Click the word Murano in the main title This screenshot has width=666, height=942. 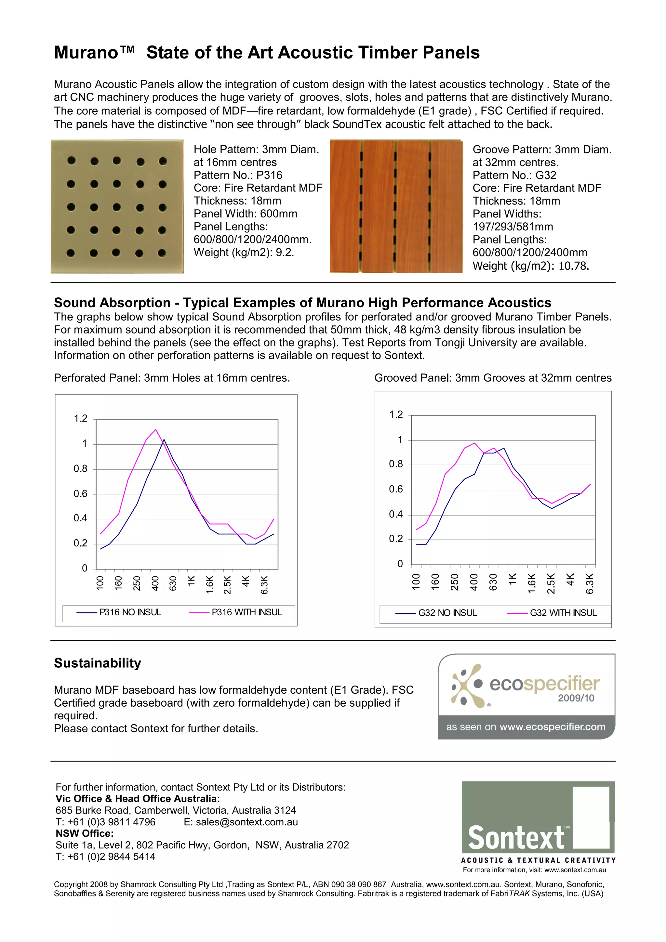pos(86,53)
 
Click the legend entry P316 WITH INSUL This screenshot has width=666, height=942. pos(246,612)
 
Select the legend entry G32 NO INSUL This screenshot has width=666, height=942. pos(447,613)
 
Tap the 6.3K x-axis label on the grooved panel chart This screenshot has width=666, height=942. pos(590,584)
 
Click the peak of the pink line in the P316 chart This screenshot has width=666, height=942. pos(155,430)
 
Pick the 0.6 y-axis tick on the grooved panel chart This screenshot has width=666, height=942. pos(396,489)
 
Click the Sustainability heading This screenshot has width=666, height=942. pos(98,663)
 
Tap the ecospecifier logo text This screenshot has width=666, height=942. pos(544,684)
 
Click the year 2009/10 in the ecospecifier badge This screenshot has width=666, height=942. pos(576,698)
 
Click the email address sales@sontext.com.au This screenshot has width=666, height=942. pos(246,822)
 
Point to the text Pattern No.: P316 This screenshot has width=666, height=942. pos(238,175)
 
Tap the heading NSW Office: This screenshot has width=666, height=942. pos(85,834)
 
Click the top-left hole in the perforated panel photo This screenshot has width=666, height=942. pos(72,161)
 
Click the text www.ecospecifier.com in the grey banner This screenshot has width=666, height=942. pos(552,727)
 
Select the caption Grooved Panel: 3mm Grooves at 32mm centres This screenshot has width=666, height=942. pos(493,378)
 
